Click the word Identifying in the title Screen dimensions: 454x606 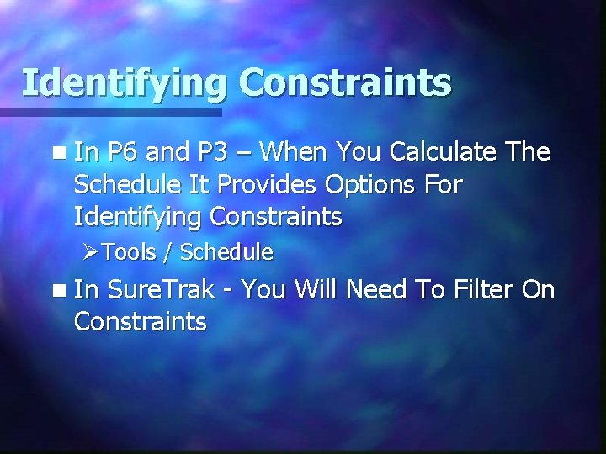coord(125,84)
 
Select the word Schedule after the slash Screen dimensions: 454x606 coord(226,251)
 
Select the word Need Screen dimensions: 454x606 coord(378,291)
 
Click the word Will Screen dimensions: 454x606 coord(316,291)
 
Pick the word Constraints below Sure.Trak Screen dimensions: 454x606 coord(140,322)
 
